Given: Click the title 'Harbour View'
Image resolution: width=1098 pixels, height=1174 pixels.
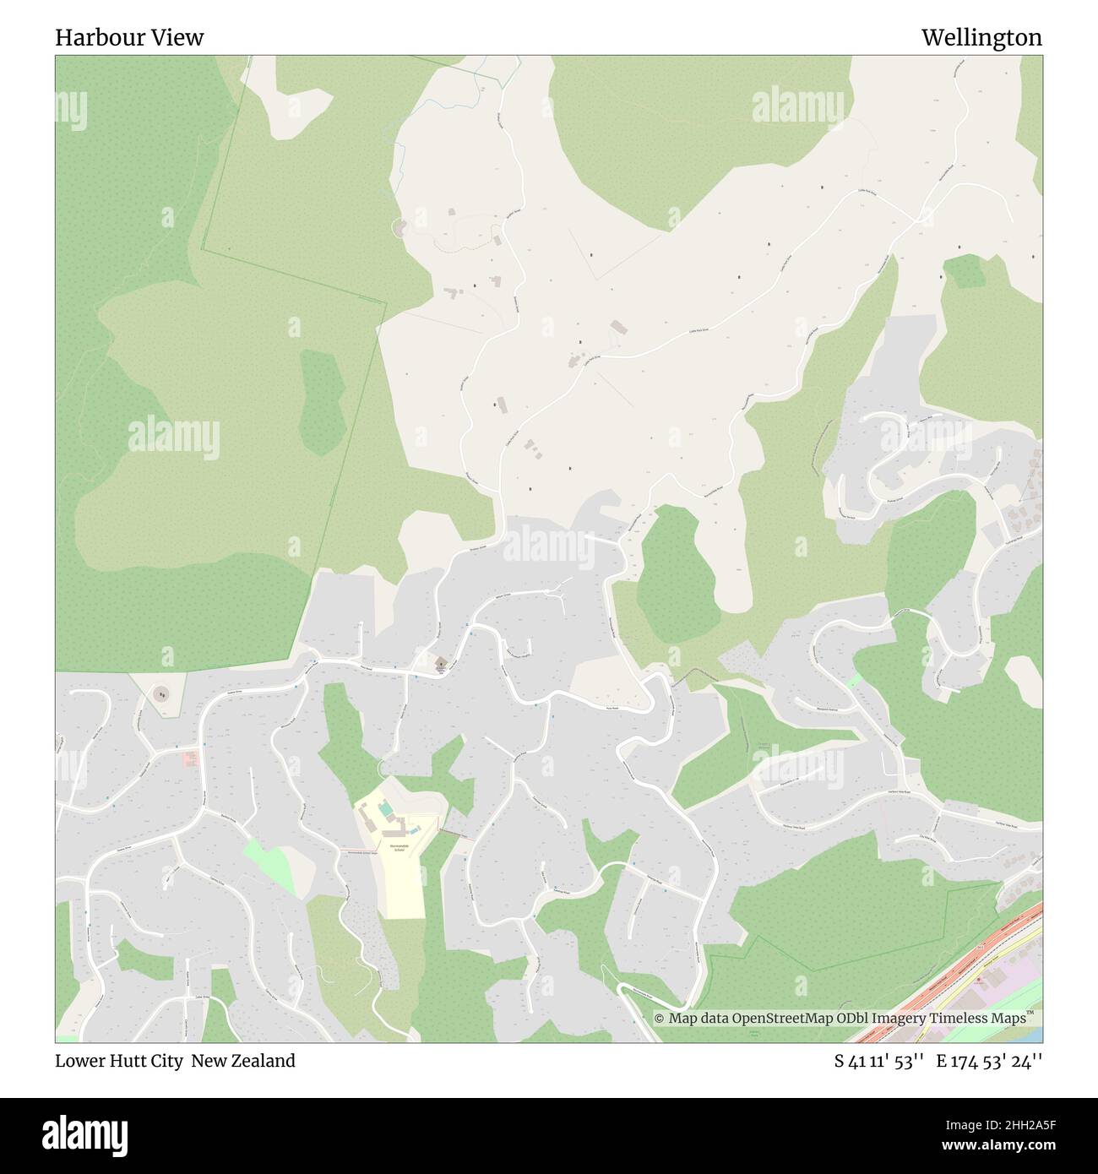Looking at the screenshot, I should click(x=129, y=38).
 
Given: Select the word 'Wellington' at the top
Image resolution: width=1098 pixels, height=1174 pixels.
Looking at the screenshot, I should click(x=981, y=38).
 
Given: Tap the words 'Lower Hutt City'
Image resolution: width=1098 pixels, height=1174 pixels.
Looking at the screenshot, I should click(x=119, y=1061).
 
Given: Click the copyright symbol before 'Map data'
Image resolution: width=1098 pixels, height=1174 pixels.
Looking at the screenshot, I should click(x=660, y=1019).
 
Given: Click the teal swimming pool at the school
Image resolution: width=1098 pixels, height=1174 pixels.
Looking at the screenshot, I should click(x=385, y=810).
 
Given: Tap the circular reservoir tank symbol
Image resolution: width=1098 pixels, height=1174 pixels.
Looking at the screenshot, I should click(x=160, y=694).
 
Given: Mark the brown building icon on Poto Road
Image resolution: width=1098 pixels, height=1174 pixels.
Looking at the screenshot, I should click(x=439, y=665).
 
